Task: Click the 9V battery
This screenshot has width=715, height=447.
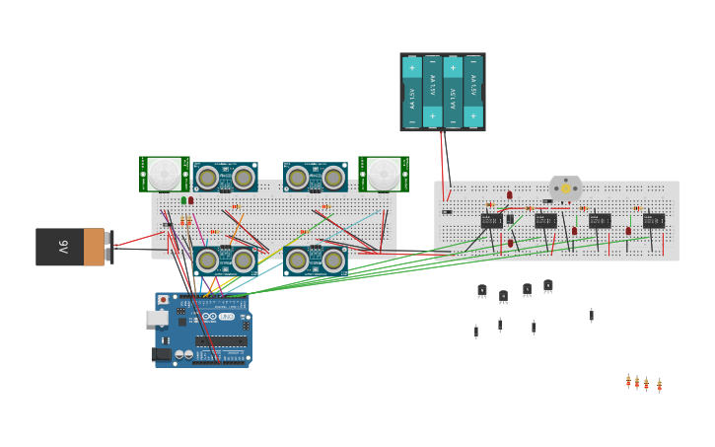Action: (70, 247)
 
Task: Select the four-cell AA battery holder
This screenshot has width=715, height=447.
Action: (442, 92)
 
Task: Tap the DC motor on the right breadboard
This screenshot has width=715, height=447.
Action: (565, 187)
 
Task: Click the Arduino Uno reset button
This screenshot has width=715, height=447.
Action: (164, 300)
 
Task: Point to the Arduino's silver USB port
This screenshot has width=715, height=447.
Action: (156, 318)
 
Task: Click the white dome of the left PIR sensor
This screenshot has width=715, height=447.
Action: (164, 174)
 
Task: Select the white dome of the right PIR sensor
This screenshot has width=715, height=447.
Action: (384, 174)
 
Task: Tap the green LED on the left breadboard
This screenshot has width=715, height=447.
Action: (183, 200)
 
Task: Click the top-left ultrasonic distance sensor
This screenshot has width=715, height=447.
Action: (225, 177)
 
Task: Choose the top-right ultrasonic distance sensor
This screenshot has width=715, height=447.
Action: (315, 177)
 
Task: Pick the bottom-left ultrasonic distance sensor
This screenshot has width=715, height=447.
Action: (225, 261)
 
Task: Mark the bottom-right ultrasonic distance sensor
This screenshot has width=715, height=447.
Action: (315, 261)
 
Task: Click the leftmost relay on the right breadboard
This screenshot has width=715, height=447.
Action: (491, 221)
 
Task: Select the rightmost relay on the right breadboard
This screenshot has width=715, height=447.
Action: (653, 221)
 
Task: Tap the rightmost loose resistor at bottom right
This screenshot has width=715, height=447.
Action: (659, 385)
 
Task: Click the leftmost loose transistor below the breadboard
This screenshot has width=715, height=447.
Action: (481, 290)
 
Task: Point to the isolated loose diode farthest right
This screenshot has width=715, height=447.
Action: (592, 315)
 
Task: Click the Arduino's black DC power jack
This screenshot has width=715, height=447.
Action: (161, 354)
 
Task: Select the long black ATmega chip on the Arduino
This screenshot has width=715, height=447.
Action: (221, 341)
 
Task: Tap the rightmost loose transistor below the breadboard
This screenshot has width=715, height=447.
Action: (548, 285)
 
